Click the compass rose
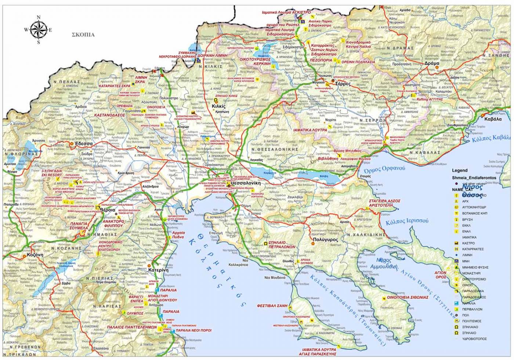39,30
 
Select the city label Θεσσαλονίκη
245,183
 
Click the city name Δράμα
432,63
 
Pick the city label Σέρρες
344,84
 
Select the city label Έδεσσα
84,144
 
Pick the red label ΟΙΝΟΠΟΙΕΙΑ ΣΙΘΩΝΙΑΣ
408,298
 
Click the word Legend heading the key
460,170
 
